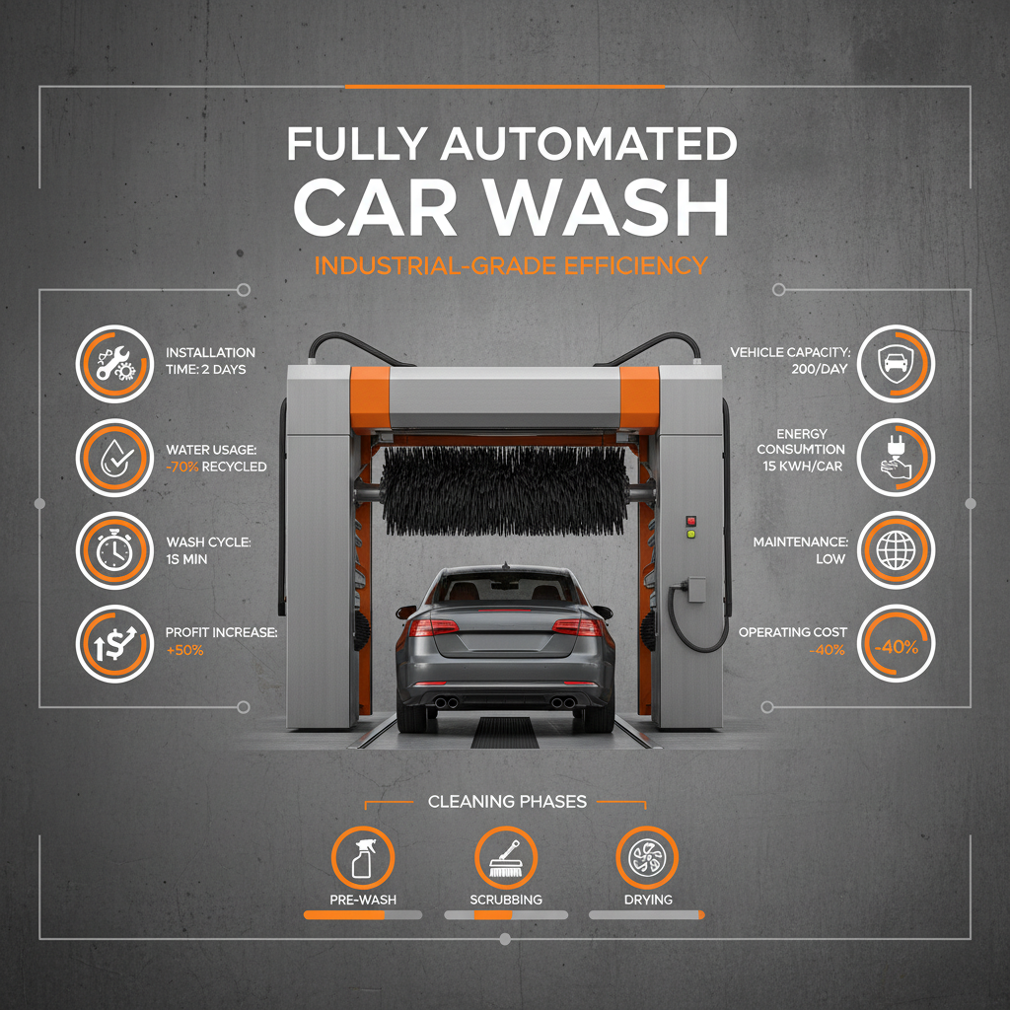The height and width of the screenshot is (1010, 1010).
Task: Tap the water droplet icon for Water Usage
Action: (x=112, y=457)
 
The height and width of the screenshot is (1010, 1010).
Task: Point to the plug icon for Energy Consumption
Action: (x=895, y=458)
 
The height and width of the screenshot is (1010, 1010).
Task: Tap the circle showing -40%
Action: (x=895, y=647)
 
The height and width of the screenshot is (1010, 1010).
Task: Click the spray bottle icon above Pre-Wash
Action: (x=363, y=859)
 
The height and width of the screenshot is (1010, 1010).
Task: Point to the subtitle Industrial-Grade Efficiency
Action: (x=511, y=264)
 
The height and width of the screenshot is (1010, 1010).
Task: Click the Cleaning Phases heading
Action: (x=507, y=801)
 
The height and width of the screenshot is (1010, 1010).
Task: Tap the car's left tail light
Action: (x=435, y=627)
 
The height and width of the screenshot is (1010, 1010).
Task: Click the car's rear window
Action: (x=505, y=591)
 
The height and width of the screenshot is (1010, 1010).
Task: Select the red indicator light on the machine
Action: (x=690, y=520)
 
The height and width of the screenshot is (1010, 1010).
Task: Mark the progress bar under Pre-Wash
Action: (x=363, y=915)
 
